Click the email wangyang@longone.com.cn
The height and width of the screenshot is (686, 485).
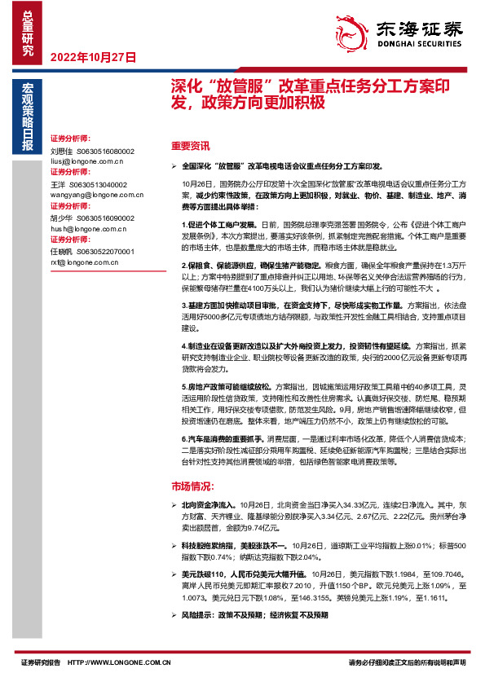[x=96, y=196]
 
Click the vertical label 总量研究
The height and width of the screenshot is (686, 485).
[x=29, y=29]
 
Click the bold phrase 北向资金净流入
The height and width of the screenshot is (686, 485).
[x=209, y=505]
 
